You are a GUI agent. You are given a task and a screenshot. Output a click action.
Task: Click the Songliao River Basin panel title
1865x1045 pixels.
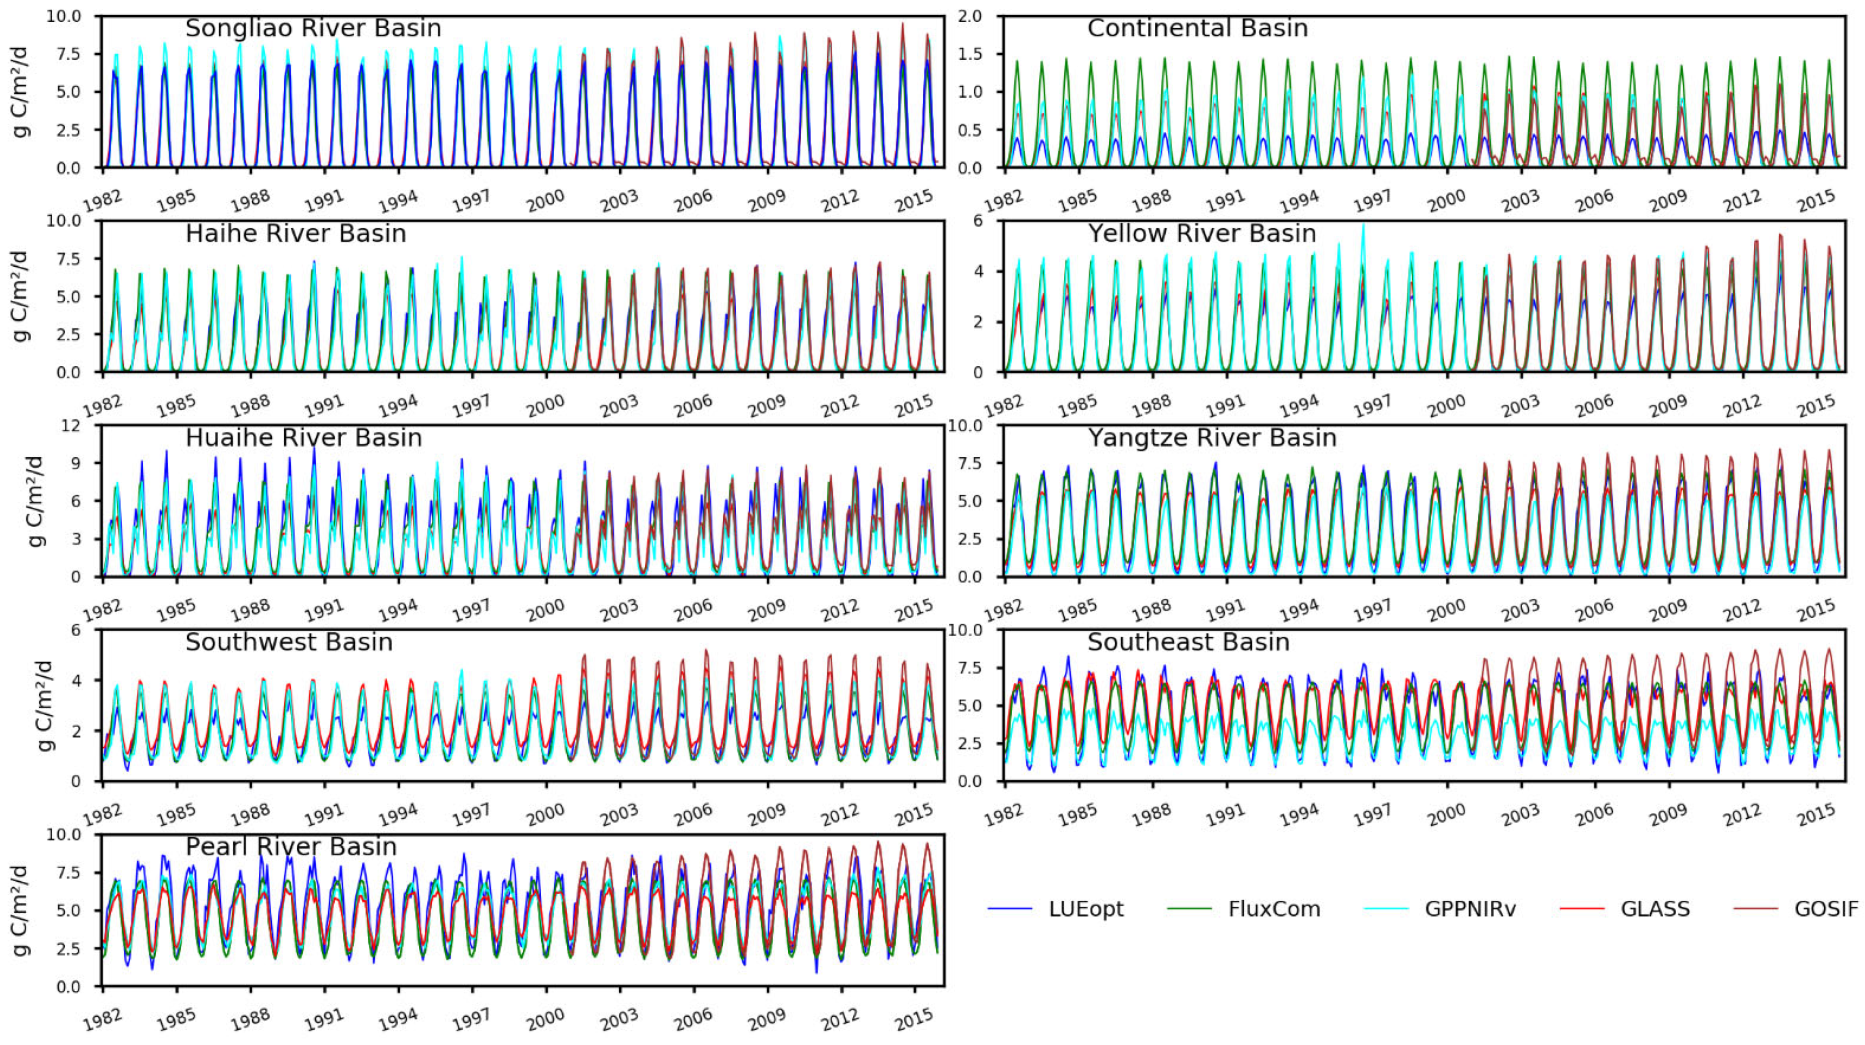click(313, 29)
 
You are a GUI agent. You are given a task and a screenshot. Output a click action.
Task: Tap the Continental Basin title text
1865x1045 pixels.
click(1197, 29)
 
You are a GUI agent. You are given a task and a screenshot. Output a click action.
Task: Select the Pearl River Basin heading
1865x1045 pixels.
click(291, 847)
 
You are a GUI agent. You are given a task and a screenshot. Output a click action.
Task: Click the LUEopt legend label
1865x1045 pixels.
click(1085, 909)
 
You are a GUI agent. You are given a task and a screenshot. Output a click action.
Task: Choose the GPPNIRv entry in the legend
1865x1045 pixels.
click(1470, 909)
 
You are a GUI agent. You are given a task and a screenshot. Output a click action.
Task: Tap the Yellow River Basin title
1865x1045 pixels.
click(1201, 234)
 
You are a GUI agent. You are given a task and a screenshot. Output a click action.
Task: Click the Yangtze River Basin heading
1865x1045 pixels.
click(1211, 438)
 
